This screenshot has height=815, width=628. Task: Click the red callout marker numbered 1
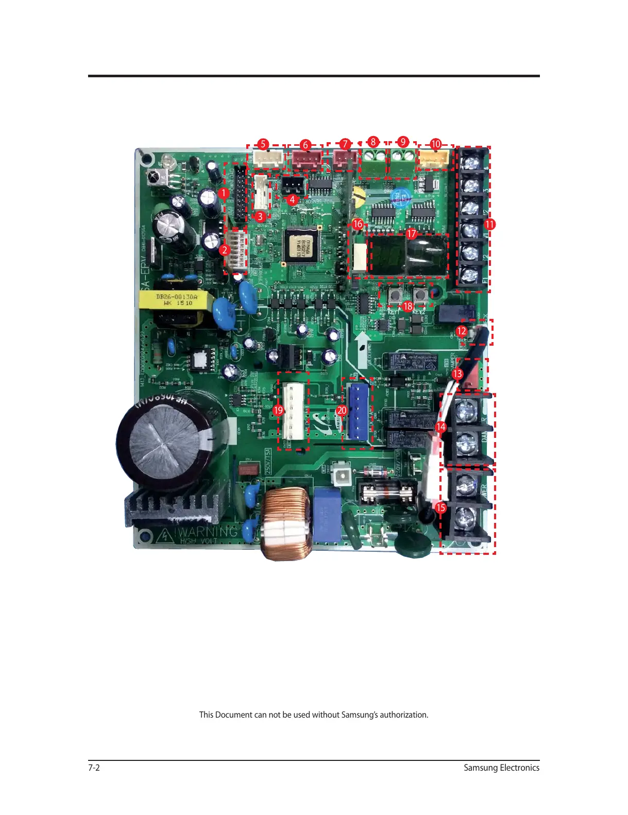click(223, 193)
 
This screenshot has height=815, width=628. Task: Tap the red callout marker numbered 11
click(489, 224)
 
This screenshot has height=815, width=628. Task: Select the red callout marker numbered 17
click(411, 234)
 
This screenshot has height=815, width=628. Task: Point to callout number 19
click(278, 410)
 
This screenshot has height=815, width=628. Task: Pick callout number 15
click(440, 507)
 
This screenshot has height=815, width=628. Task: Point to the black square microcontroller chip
click(301, 246)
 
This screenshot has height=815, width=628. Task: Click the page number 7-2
click(94, 768)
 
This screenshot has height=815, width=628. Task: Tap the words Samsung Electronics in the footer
click(501, 768)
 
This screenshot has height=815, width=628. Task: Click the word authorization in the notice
click(404, 715)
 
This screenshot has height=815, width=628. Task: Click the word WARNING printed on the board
click(208, 532)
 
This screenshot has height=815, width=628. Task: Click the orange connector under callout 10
click(435, 160)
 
